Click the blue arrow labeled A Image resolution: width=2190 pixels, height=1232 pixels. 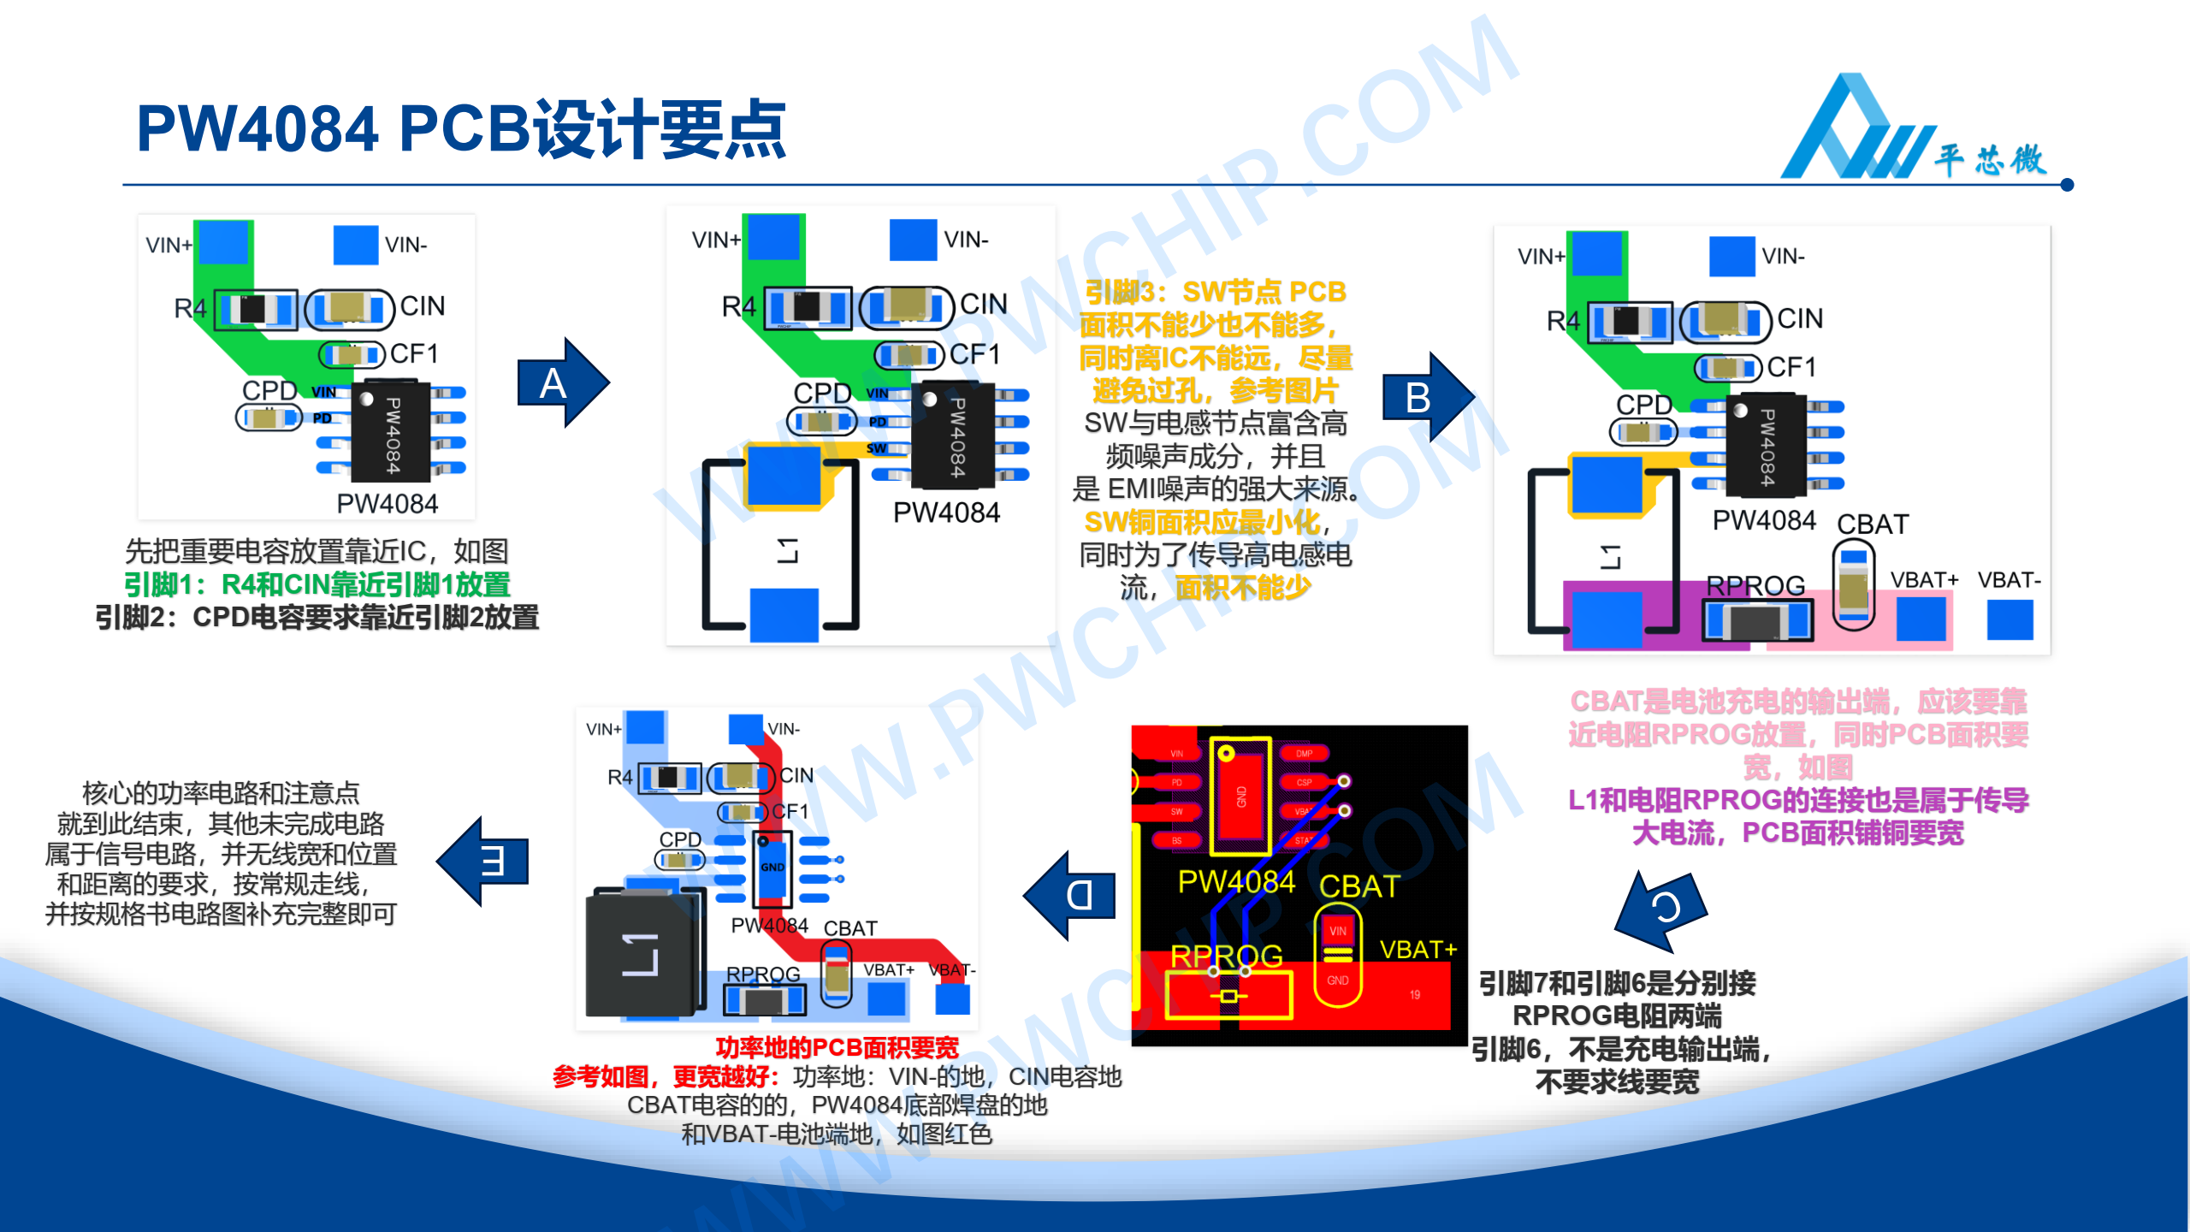click(x=561, y=382)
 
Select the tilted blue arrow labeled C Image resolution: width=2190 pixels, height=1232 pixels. click(x=1662, y=909)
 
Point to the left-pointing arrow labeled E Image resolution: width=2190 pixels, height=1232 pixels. click(x=485, y=861)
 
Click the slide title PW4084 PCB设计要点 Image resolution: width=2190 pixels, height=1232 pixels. click(x=461, y=130)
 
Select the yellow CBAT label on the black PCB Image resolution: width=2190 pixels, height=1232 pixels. click(x=1358, y=886)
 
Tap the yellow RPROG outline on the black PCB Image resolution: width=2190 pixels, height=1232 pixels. click(x=1228, y=996)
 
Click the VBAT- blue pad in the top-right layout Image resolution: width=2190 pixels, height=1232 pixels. click(x=2009, y=619)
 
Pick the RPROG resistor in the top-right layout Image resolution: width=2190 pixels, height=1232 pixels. click(x=1757, y=620)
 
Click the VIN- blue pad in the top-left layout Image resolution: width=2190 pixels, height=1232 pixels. click(x=355, y=245)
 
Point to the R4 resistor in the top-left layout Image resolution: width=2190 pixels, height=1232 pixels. click(x=255, y=309)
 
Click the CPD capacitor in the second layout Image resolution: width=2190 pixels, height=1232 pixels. click(x=821, y=421)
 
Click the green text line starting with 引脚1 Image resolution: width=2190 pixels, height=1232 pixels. click(x=317, y=584)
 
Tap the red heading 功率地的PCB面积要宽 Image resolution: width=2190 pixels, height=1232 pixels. click(x=837, y=1047)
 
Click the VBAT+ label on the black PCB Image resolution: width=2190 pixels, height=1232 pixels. click(x=1418, y=950)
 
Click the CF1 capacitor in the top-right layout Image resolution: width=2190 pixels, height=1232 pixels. click(x=1727, y=368)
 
